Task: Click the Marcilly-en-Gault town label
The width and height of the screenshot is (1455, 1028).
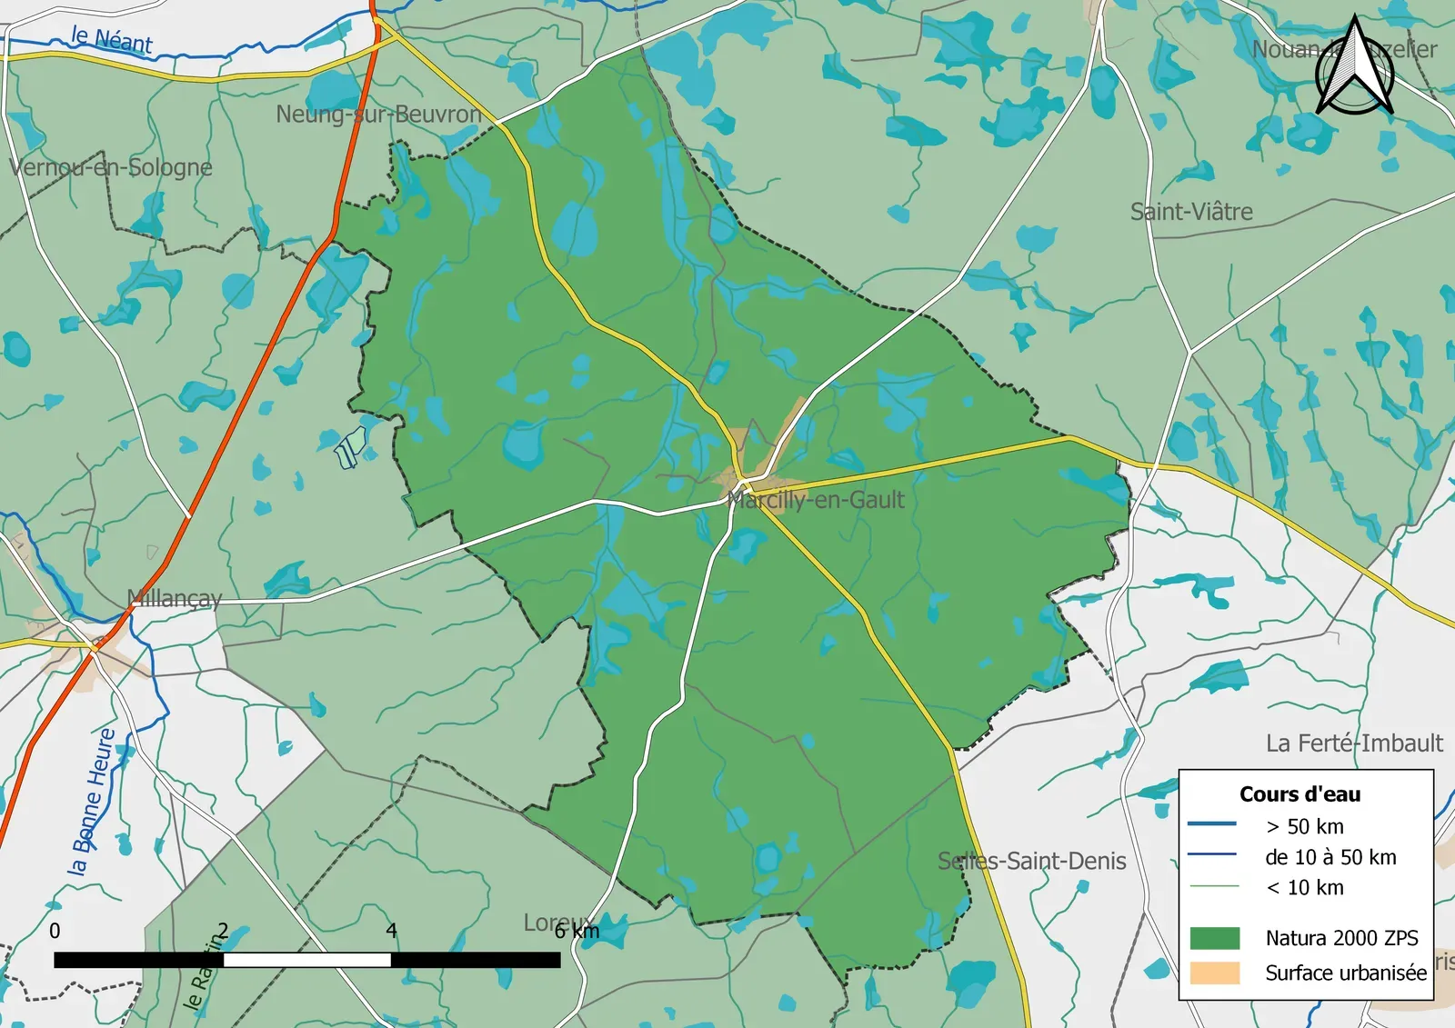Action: (817, 500)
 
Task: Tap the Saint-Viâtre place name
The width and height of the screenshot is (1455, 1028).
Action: (1191, 212)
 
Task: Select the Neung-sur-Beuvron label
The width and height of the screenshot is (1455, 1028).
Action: (378, 115)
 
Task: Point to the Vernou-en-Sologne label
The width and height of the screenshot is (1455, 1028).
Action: (111, 167)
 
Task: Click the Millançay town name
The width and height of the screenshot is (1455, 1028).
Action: (175, 598)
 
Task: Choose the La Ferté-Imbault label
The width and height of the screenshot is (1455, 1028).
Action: (1354, 744)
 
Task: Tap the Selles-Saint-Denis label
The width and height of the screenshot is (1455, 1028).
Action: (1031, 861)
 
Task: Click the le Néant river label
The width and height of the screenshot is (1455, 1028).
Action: (112, 40)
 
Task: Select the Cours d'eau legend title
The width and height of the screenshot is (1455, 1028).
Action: (1299, 794)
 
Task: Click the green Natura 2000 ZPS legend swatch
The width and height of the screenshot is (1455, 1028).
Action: (1214, 938)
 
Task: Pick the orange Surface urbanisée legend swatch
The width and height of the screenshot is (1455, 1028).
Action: (1214, 973)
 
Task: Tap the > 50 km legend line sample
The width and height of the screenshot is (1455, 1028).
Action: (1211, 824)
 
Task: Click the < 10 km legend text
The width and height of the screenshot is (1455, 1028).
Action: (1304, 888)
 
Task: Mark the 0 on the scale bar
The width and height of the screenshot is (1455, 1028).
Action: (55, 931)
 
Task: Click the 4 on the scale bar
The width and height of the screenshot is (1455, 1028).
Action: (391, 931)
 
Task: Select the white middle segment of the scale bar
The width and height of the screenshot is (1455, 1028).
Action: (307, 960)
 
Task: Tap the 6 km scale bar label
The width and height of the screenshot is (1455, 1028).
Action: (577, 932)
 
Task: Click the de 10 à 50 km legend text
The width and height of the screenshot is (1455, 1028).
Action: (1330, 857)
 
